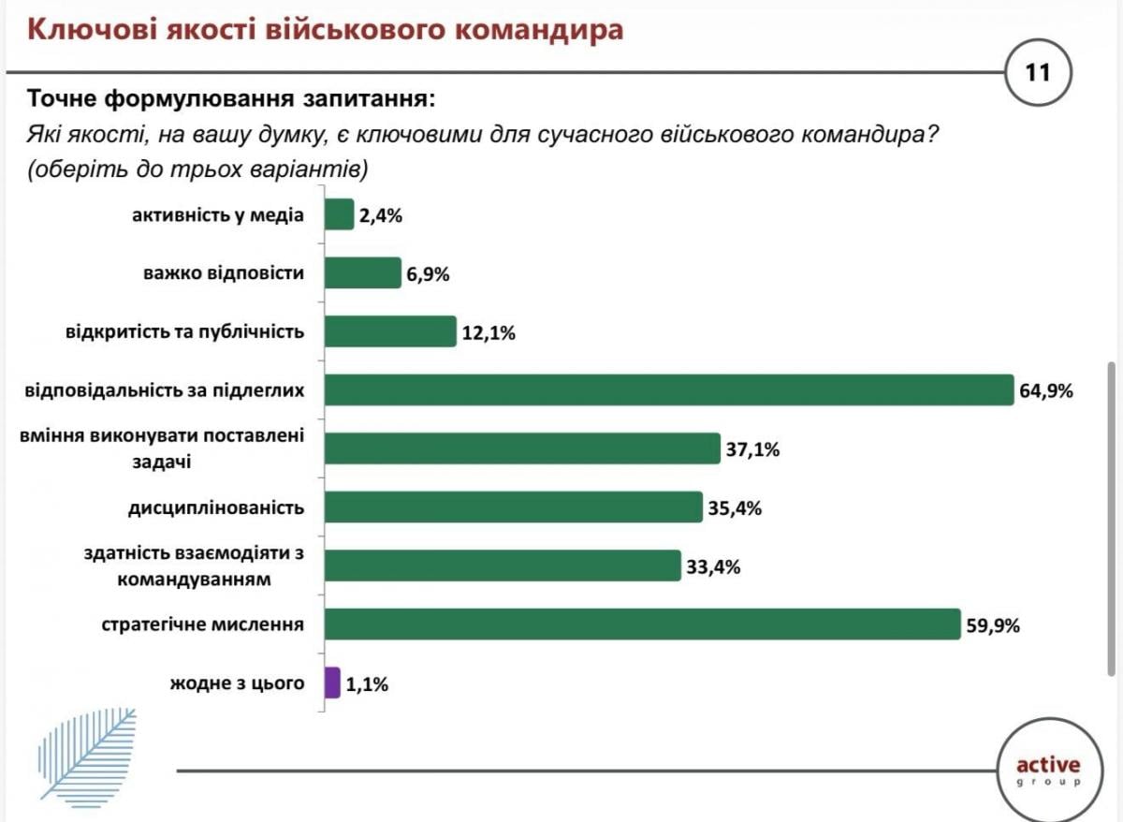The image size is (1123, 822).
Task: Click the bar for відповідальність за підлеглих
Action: (669, 389)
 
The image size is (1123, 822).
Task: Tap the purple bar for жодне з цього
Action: (332, 683)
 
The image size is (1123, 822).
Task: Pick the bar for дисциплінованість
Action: (513, 507)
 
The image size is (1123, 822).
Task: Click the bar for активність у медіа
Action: (339, 215)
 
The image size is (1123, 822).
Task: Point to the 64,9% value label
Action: (1046, 390)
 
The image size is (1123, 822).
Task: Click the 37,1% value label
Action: (752, 449)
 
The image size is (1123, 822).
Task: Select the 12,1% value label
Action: (489, 332)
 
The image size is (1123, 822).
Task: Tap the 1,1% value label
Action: (367, 684)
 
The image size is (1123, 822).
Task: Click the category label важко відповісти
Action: (224, 273)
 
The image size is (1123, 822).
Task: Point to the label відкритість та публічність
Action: (185, 331)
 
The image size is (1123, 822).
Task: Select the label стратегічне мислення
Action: (203, 624)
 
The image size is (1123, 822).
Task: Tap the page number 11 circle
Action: (1038, 72)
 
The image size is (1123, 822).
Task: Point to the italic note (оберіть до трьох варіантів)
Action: (198, 170)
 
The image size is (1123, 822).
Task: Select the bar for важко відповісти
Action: (362, 273)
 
